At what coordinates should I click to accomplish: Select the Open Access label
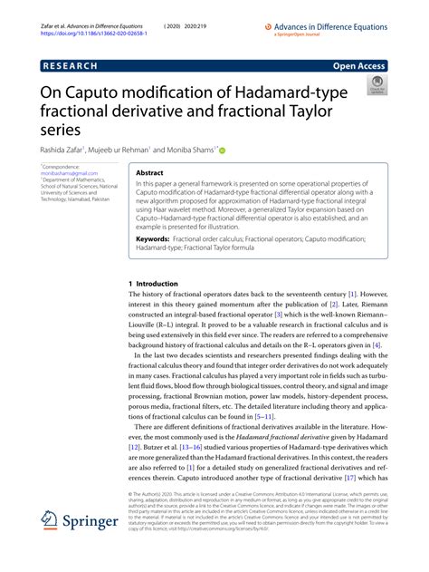pos(360,66)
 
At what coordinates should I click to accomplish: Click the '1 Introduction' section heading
pos(154,284)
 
